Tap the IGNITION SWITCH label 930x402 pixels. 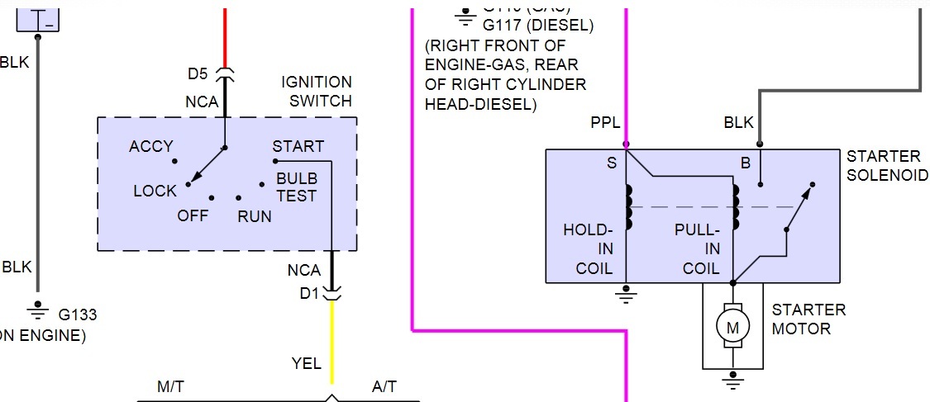pyautogui.click(x=317, y=92)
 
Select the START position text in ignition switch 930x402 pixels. pyautogui.click(x=298, y=146)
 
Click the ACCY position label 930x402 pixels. pyautogui.click(x=151, y=146)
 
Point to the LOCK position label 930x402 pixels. pyautogui.click(x=155, y=191)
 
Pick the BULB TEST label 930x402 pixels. pyautogui.click(x=297, y=187)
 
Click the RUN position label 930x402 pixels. pyautogui.click(x=255, y=216)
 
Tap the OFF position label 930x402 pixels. pyautogui.click(x=193, y=216)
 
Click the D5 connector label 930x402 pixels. pyautogui.click(x=197, y=73)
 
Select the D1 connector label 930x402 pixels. pyautogui.click(x=310, y=291)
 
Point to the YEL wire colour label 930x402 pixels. pyautogui.click(x=307, y=364)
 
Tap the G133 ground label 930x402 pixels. pyautogui.click(x=78, y=315)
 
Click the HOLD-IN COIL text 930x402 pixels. pyautogui.click(x=589, y=248)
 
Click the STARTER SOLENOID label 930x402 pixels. pyautogui.click(x=884, y=165)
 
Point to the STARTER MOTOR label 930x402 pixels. pyautogui.click(x=808, y=319)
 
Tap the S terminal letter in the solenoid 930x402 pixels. pyautogui.click(x=612, y=163)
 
